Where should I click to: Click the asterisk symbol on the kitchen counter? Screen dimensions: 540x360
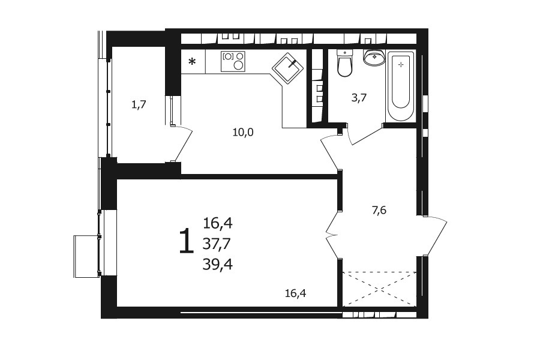pyautogui.click(x=192, y=62)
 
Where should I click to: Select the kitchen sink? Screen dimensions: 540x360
pyautogui.click(x=288, y=68)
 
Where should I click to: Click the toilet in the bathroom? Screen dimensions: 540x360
pyautogui.click(x=344, y=63)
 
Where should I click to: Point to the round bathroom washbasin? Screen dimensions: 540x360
pyautogui.click(x=374, y=57)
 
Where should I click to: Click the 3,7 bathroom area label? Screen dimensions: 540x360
pyautogui.click(x=359, y=98)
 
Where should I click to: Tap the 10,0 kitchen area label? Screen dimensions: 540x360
pyautogui.click(x=243, y=132)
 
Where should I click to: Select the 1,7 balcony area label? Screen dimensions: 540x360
pyautogui.click(x=139, y=104)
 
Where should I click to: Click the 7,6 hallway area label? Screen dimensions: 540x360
pyautogui.click(x=379, y=210)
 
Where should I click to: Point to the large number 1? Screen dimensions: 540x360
pyautogui.click(x=186, y=241)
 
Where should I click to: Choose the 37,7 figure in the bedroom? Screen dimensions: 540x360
pyautogui.click(x=218, y=244)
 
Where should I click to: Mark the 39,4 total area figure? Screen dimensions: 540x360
pyautogui.click(x=218, y=264)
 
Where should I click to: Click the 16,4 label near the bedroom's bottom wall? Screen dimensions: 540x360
pyautogui.click(x=295, y=293)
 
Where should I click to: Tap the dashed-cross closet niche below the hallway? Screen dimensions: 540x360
pyautogui.click(x=380, y=289)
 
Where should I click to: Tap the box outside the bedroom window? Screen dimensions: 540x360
pyautogui.click(x=86, y=256)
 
